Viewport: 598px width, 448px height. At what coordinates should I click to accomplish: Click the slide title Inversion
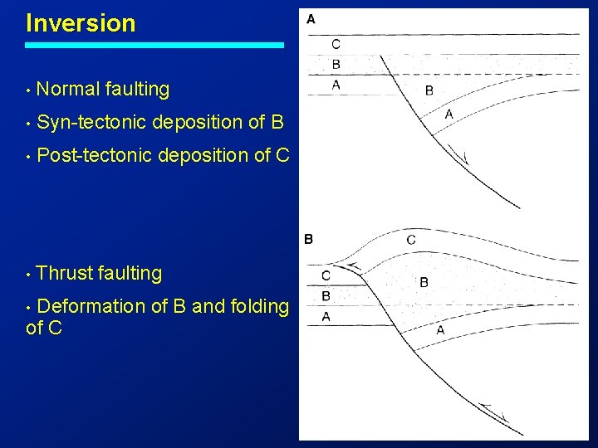pos(81,23)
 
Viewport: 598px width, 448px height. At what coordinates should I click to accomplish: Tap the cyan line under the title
pos(154,45)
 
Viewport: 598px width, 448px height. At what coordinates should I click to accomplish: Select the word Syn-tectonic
pos(93,122)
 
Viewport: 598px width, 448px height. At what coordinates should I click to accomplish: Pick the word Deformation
pos(91,306)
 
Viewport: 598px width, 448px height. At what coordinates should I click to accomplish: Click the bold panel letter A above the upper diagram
pos(311,17)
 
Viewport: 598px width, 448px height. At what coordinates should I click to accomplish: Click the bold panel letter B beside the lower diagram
pos(308,239)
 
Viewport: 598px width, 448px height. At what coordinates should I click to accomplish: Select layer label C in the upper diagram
pos(336,44)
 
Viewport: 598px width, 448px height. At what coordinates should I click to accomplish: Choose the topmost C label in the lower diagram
pos(411,240)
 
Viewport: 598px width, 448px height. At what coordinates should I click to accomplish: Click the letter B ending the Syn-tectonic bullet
pos(277,122)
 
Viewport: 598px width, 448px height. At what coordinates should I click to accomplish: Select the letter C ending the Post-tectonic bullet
pos(282,155)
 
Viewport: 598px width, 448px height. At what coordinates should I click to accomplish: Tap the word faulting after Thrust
pos(130,273)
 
